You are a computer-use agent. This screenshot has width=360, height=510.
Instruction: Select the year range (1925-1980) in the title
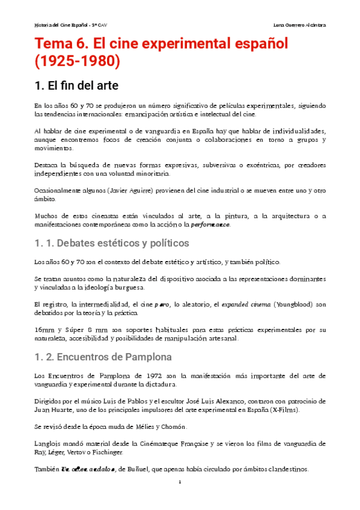pos(78,63)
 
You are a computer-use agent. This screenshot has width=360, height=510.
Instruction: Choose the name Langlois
pos(49,444)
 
